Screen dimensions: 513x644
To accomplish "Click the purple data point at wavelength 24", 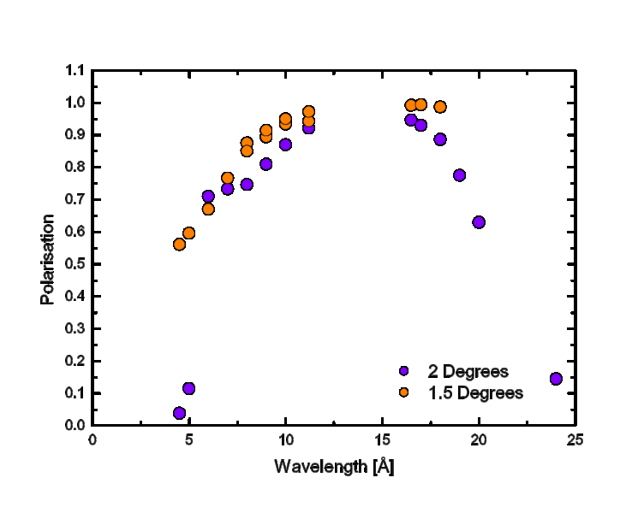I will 556,379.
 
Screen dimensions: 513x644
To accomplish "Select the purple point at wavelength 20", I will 479,222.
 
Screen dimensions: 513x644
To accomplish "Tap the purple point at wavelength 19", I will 460,175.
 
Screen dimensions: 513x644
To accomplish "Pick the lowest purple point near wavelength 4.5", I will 179,413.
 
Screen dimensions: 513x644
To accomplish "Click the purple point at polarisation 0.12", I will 189,388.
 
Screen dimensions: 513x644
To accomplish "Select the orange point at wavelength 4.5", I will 179,245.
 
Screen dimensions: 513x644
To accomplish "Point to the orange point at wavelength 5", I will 188,233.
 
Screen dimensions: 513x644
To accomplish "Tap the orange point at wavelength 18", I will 440,107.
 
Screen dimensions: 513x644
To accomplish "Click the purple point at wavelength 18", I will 440,139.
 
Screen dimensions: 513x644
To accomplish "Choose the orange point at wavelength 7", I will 228,178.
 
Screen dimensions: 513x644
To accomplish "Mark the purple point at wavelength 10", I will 285,144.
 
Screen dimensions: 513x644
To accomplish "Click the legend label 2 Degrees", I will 468,372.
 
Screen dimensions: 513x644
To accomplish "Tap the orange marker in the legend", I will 404,392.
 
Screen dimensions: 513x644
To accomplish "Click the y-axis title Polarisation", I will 48,259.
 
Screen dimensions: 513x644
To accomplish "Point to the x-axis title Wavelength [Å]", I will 334,467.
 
